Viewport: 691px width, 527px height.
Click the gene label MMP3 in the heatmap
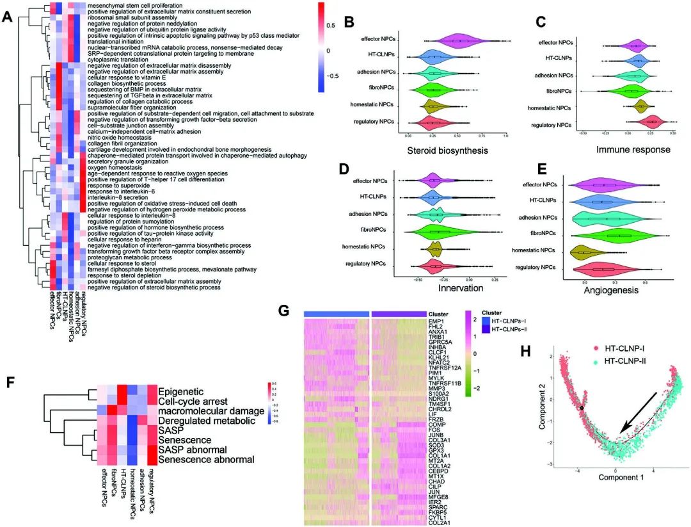pos(447,388)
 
